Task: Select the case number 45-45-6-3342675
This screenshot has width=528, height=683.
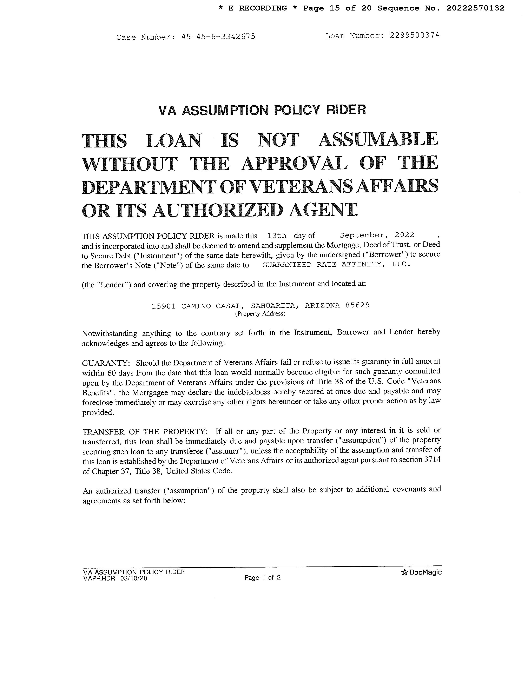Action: coord(218,37)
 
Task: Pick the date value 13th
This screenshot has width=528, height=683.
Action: coord(277,235)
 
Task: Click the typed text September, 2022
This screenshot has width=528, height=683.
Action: coord(377,235)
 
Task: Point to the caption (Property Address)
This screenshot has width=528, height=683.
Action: coord(260,314)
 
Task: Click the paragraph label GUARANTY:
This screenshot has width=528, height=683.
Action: coord(106,363)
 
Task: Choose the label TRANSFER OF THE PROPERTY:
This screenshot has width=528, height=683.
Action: coord(145,432)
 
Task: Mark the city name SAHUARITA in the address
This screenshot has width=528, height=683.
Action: coord(273,306)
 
